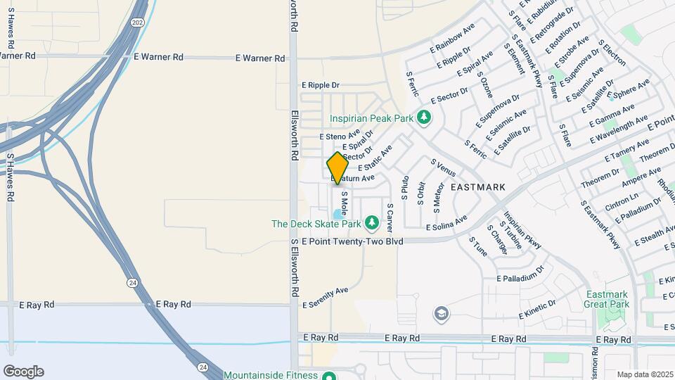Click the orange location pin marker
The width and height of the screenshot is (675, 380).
[x=337, y=168]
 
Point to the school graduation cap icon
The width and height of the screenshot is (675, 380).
[x=441, y=313]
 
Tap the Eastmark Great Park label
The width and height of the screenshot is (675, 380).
[x=606, y=299]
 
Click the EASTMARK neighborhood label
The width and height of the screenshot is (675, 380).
[x=478, y=187]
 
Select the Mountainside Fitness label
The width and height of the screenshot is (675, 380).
[x=271, y=375]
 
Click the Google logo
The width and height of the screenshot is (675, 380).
[x=23, y=371]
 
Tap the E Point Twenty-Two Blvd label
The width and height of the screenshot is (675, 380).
[x=352, y=241]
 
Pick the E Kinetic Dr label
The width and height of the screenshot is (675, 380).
[x=538, y=309]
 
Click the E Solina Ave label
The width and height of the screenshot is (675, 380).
[x=446, y=224]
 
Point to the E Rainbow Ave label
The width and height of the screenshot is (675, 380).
[x=452, y=42]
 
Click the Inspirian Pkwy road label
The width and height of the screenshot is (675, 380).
[x=522, y=231]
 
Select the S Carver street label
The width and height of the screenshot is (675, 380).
[x=389, y=217]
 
